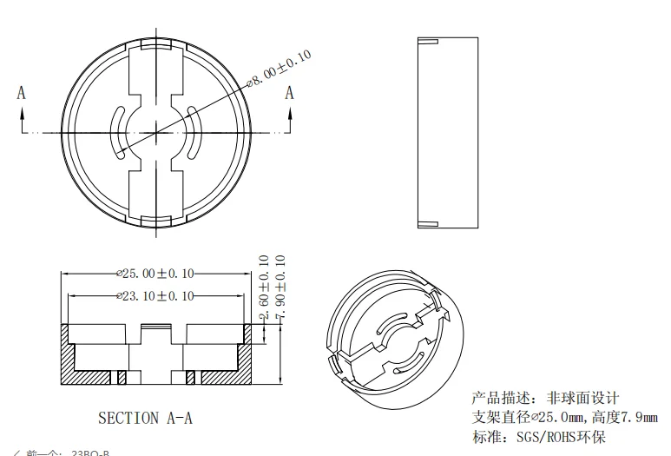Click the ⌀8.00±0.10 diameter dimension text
(280, 69)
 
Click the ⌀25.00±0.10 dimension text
(155, 274)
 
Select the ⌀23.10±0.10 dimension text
(155, 296)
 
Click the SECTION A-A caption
(145, 418)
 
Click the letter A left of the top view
(22, 93)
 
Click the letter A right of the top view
(290, 93)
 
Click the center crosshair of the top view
(156, 133)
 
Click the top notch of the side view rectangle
(429, 42)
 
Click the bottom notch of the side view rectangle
(429, 224)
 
